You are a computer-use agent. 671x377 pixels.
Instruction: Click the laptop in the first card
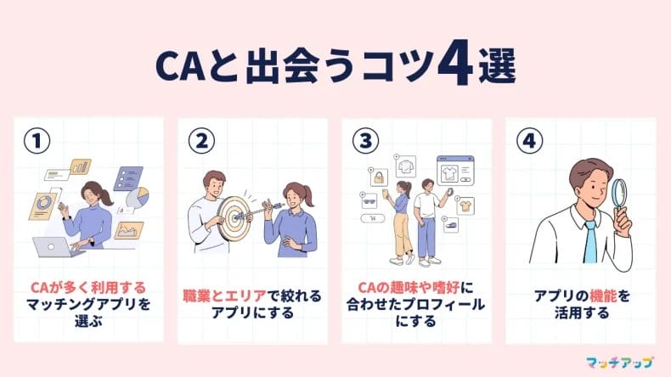(x=54, y=247)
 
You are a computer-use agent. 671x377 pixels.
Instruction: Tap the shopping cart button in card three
(x=373, y=219)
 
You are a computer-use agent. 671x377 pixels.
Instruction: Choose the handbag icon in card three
(x=380, y=177)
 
